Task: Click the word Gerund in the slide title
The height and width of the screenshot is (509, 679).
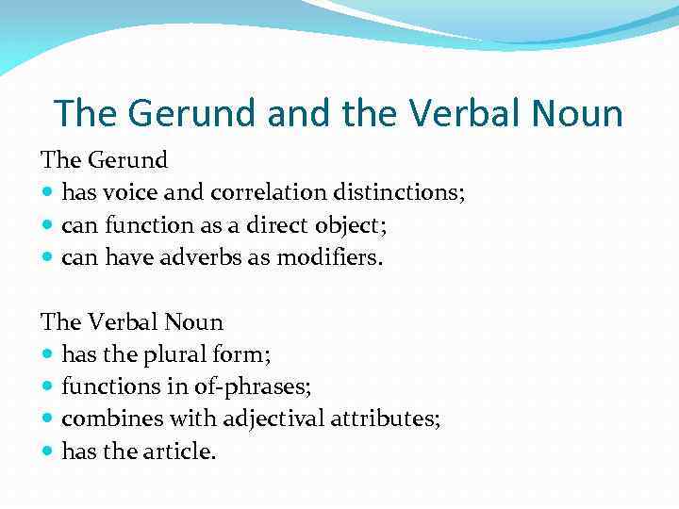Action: tap(193, 113)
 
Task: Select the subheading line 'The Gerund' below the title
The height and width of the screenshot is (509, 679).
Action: tap(104, 161)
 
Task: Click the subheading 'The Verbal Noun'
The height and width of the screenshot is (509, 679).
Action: tap(132, 321)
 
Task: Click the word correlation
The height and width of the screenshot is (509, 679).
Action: tap(270, 193)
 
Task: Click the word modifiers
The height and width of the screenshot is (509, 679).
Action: tap(330, 257)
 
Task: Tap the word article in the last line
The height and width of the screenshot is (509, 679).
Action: tap(179, 451)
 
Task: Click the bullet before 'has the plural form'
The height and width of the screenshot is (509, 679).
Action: tap(48, 355)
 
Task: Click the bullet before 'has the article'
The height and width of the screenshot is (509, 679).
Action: tap(48, 452)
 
